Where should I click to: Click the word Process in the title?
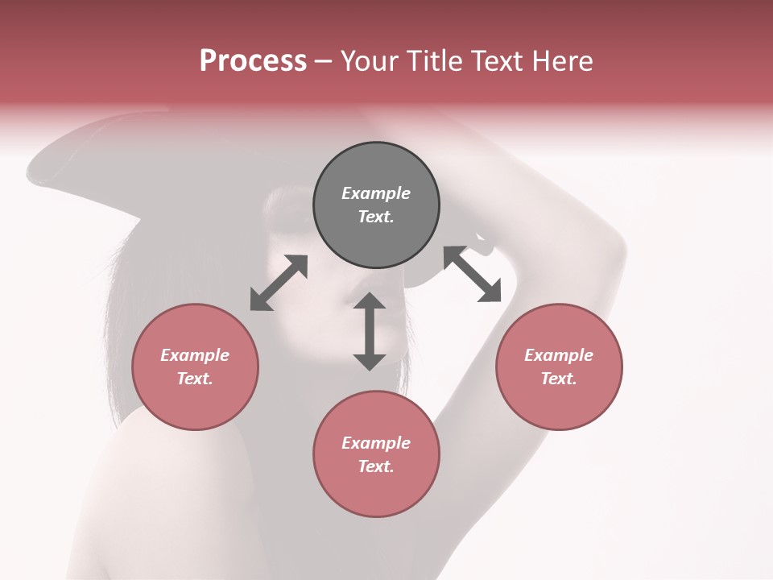253,61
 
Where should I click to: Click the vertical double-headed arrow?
370,331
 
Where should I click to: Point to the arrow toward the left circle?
279,283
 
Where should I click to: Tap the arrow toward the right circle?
472,274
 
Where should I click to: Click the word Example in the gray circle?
376,193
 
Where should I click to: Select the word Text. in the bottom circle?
376,466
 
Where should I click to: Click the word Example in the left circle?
195,355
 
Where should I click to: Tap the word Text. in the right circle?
559,379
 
